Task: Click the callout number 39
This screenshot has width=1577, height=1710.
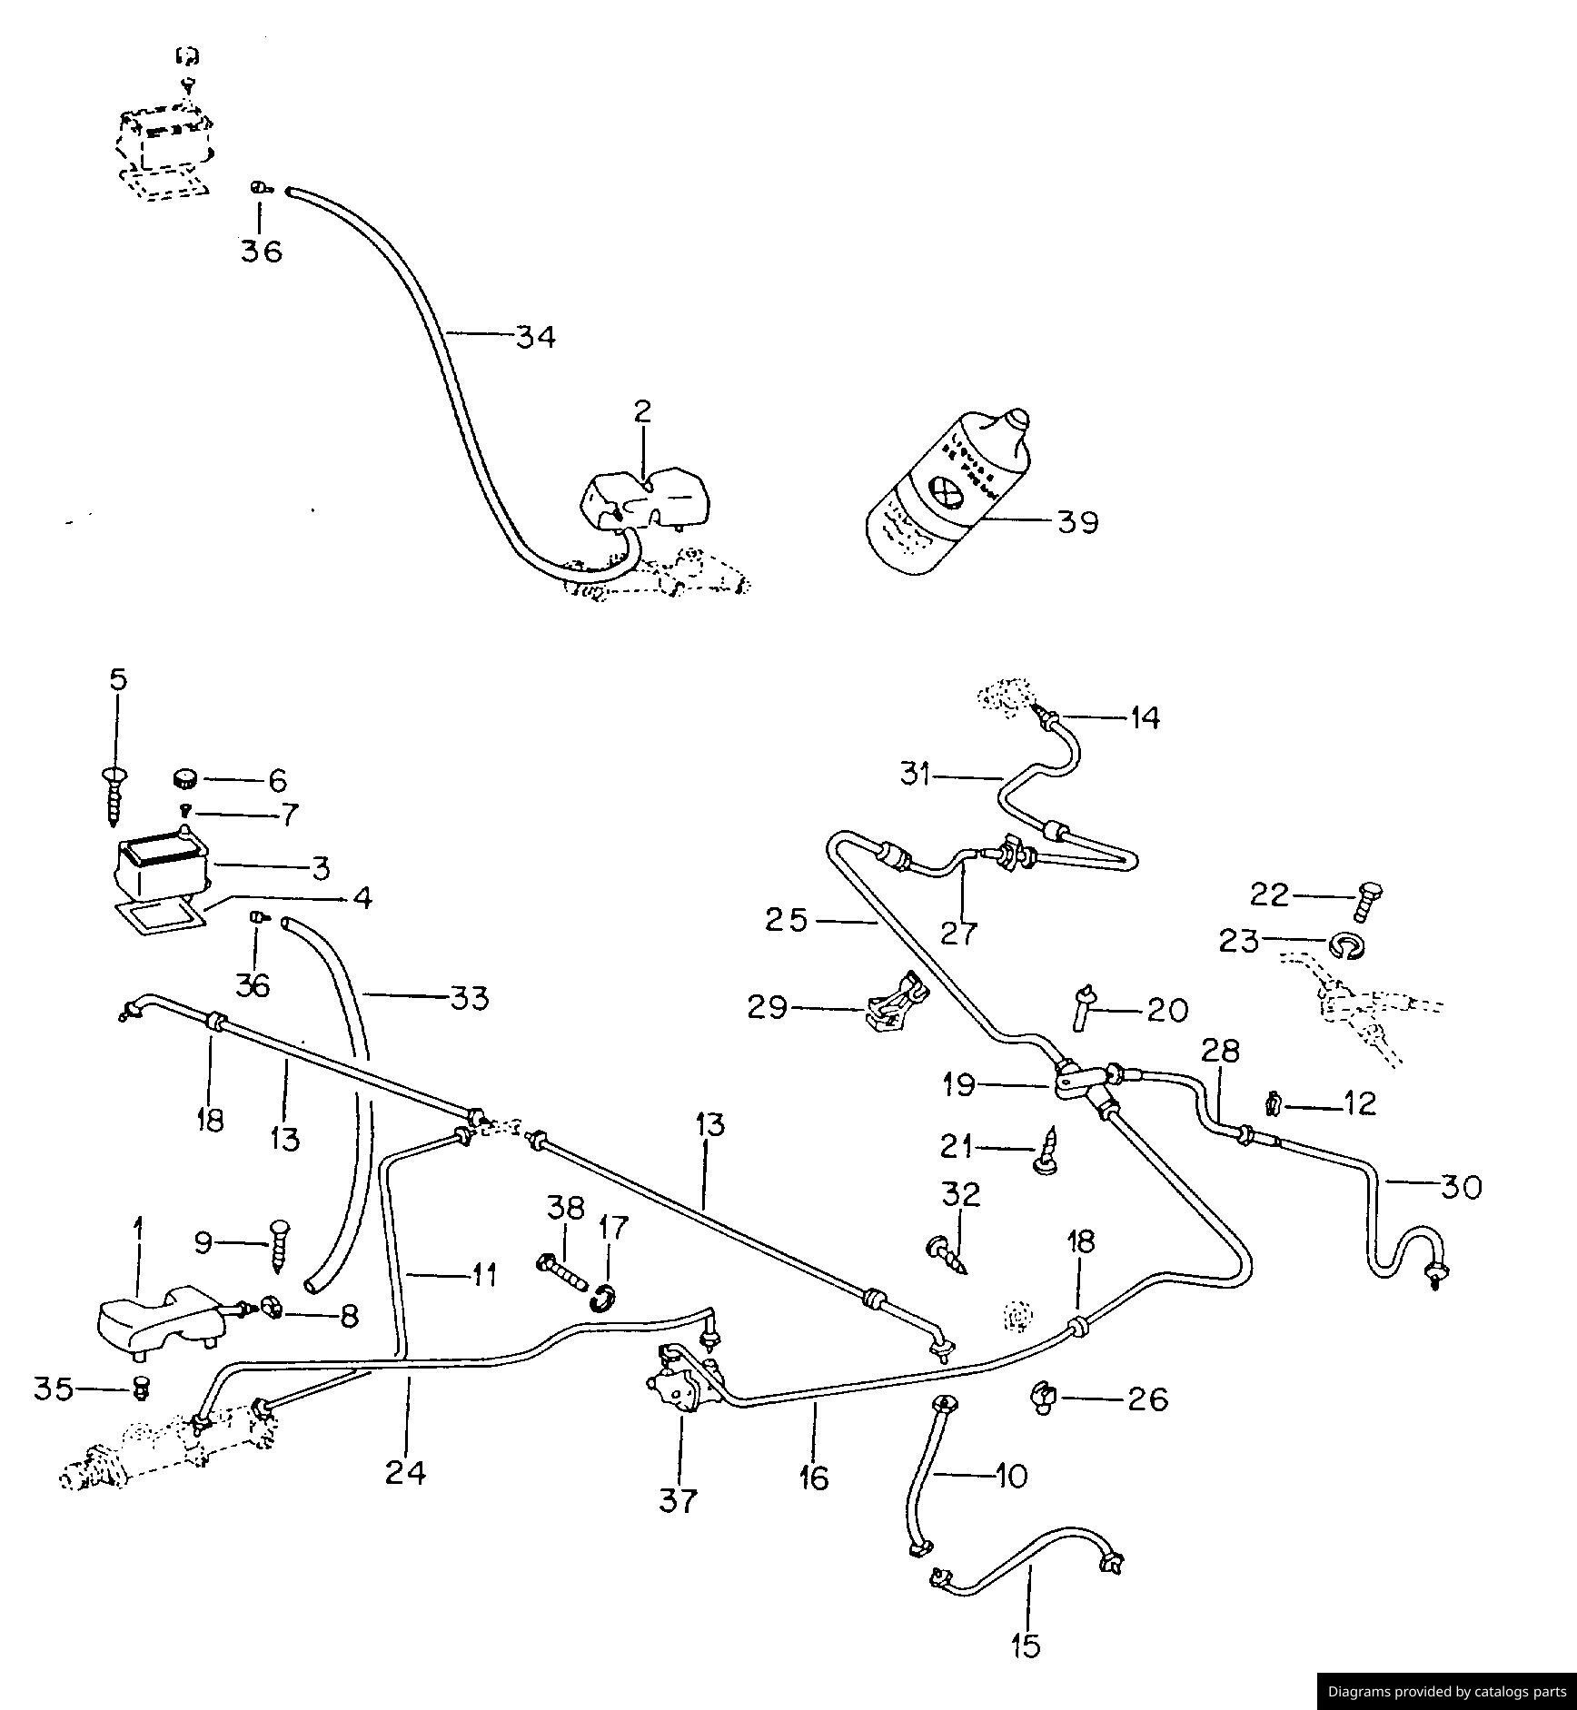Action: click(x=1077, y=522)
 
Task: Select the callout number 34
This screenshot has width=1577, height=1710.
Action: click(x=535, y=337)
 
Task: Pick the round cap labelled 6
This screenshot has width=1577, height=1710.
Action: click(x=186, y=779)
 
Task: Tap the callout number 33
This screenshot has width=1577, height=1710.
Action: click(x=469, y=998)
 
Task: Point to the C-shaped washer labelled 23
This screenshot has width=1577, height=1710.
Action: click(x=1346, y=947)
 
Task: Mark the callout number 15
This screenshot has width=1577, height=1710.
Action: click(x=1027, y=1646)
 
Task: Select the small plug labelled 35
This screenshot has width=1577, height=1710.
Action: click(x=140, y=1388)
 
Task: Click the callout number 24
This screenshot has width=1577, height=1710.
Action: click(x=405, y=1472)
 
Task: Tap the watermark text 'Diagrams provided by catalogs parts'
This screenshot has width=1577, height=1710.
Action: click(x=1446, y=1691)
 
